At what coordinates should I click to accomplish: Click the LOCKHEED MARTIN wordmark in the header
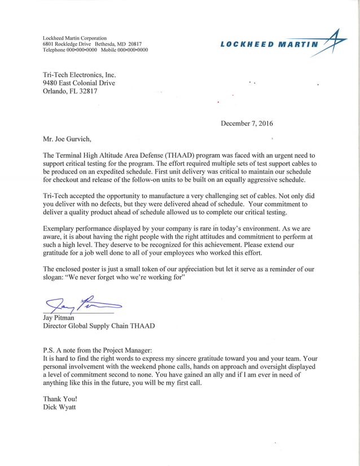pos(270,45)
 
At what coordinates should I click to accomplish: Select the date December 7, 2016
pos(247,124)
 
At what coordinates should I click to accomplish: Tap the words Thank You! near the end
pos(59,398)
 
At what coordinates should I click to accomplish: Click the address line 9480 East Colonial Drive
pos(79,83)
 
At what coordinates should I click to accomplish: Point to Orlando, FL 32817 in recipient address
pos(70,91)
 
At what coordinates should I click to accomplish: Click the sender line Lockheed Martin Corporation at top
pos(74,38)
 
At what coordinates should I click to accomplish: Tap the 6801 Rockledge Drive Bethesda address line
pos(92,44)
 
